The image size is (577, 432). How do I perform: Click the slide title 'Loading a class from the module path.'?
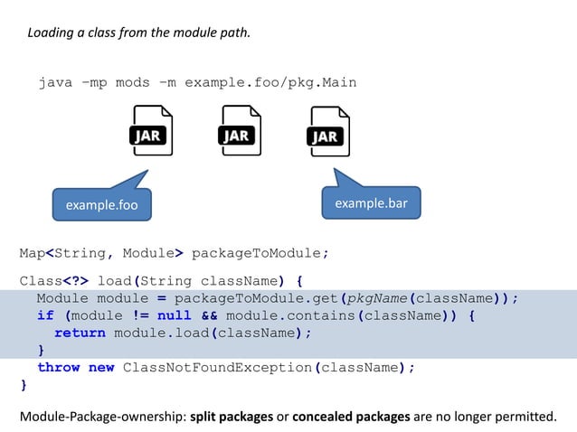tap(138, 33)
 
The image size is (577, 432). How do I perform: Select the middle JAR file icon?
tap(240, 131)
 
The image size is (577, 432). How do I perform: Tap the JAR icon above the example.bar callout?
tap(328, 132)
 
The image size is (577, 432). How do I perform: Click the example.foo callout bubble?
tap(101, 204)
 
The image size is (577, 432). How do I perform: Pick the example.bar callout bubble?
tap(371, 202)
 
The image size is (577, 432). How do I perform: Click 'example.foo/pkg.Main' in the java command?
tap(270, 82)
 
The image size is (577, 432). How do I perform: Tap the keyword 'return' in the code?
tap(80, 333)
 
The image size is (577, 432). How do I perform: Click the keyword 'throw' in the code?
tap(58, 367)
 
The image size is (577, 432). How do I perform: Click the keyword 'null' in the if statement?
tap(175, 315)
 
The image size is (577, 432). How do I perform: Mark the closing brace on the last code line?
tap(24, 385)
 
